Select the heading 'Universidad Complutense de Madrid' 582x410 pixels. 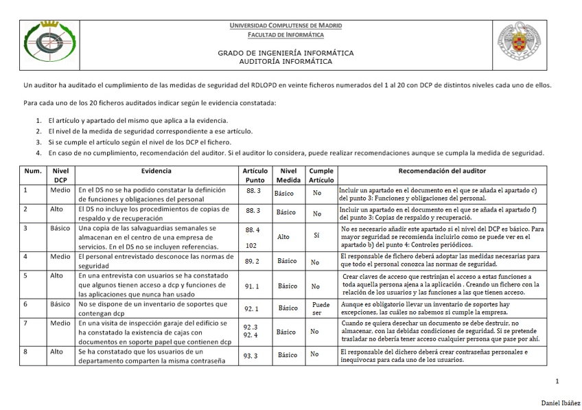(286, 25)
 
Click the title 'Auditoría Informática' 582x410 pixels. (286, 61)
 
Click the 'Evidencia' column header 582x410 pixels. (156, 170)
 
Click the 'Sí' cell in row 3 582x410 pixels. (316, 235)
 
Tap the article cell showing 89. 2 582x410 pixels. (252, 261)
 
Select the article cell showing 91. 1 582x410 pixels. (252, 285)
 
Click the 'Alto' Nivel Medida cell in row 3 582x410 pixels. (283, 236)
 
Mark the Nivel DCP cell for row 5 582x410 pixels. (56, 275)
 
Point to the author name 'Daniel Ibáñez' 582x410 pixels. (561, 401)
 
